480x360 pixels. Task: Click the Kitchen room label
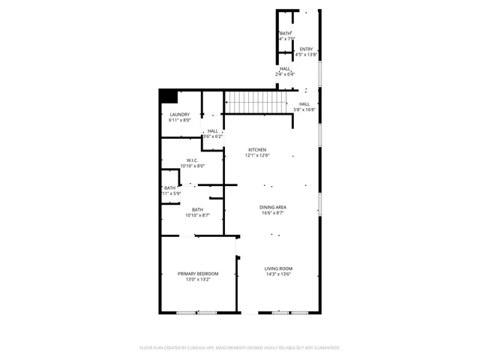pos(257,150)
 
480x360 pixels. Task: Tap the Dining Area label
pos(273,207)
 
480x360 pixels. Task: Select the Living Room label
pos(277,268)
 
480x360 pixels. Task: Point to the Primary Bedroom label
pos(198,274)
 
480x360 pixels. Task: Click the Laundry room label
pos(179,114)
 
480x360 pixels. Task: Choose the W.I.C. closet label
pos(192,160)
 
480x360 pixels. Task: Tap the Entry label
pos(306,49)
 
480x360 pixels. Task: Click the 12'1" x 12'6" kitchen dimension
pos(258,156)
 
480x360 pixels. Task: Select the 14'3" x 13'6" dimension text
pos(277,274)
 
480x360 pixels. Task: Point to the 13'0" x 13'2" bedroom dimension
pos(198,280)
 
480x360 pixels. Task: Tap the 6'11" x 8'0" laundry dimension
pos(179,120)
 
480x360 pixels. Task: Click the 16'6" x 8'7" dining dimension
pos(273,213)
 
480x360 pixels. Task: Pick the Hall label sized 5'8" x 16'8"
pos(304,104)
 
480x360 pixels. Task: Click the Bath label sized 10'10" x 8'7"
pos(197,209)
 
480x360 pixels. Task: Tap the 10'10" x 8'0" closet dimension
pos(192,166)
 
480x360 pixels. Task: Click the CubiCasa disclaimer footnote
pos(240,347)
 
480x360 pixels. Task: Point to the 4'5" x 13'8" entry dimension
pos(306,55)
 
